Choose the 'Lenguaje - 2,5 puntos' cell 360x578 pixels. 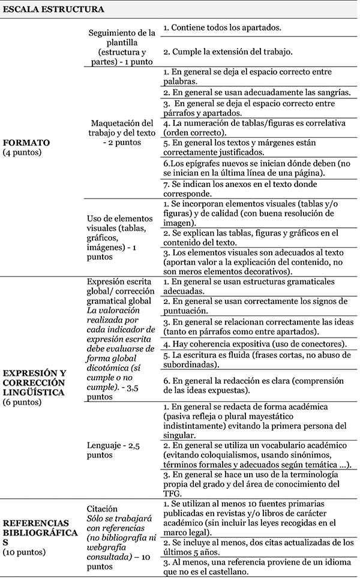coord(118,450)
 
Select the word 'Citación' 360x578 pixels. coord(102,508)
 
